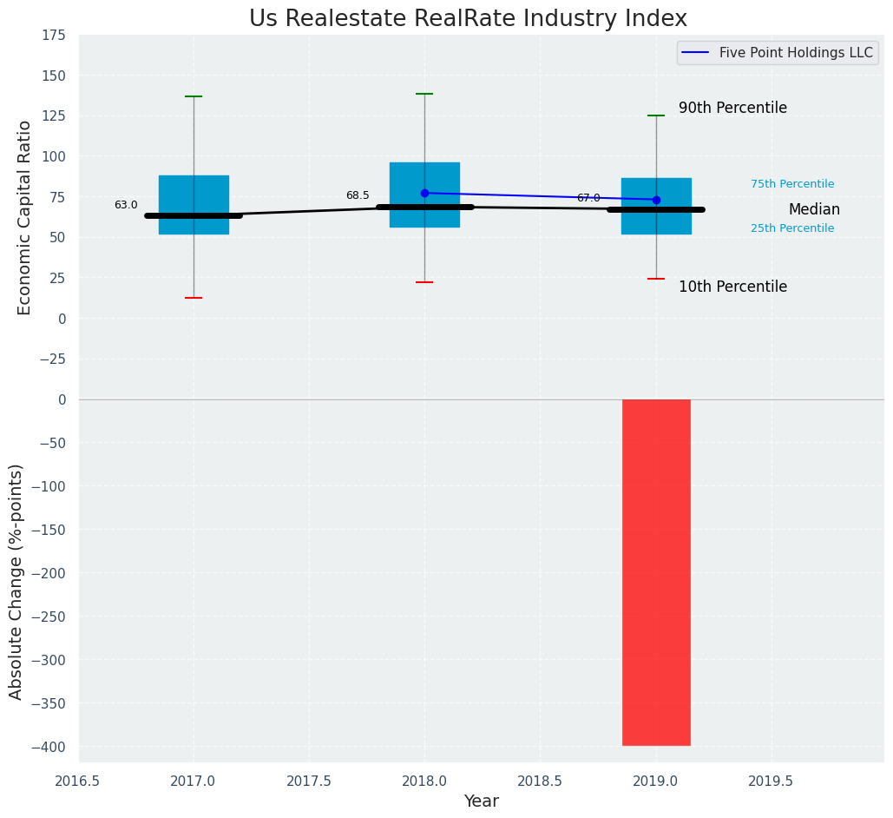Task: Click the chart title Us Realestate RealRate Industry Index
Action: tap(468, 19)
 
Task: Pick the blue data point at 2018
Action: tap(424, 193)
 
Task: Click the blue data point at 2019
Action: tap(656, 200)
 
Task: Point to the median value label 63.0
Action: tap(126, 206)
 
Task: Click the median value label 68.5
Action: tap(358, 196)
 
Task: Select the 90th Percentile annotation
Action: tap(732, 109)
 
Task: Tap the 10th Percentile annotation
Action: tap(732, 287)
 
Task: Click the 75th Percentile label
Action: tap(792, 184)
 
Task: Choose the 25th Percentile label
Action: tap(792, 228)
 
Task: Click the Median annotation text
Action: tap(814, 210)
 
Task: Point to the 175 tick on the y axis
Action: tap(53, 36)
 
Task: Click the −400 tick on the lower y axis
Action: tap(48, 747)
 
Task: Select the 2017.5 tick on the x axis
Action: tap(309, 782)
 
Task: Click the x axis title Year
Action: tap(481, 802)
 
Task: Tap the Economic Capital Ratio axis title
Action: tap(24, 217)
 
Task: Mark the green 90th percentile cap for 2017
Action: tap(194, 96)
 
